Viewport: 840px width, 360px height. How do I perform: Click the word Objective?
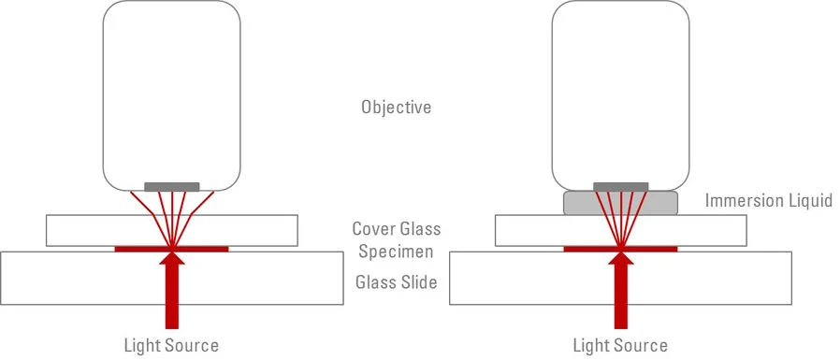coord(396,108)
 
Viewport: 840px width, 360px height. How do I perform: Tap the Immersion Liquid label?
coord(769,201)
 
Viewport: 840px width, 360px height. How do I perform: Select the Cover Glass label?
coord(397,229)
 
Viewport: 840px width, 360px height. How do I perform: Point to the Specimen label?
coord(396,252)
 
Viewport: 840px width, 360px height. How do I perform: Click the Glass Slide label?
coord(397,281)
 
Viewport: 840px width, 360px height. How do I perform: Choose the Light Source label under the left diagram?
coord(171,345)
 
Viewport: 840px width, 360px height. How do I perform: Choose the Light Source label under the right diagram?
coord(620,345)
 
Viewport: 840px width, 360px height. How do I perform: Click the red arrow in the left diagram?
coord(172,291)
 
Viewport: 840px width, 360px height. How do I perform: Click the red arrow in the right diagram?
coord(621,291)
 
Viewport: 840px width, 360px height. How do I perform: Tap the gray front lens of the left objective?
coord(172,187)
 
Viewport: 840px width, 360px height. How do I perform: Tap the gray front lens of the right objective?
coord(621,187)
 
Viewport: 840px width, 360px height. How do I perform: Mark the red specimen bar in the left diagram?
coord(172,249)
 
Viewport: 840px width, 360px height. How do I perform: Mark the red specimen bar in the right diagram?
coord(621,249)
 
